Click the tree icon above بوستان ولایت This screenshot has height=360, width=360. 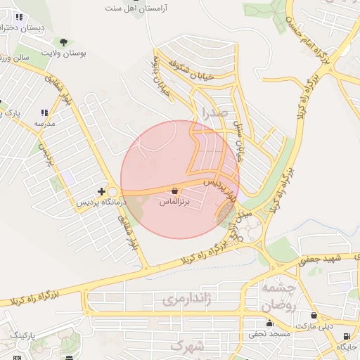click(x=64, y=42)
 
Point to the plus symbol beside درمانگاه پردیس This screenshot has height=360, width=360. click(x=102, y=191)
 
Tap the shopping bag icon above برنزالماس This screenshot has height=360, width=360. click(x=174, y=191)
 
